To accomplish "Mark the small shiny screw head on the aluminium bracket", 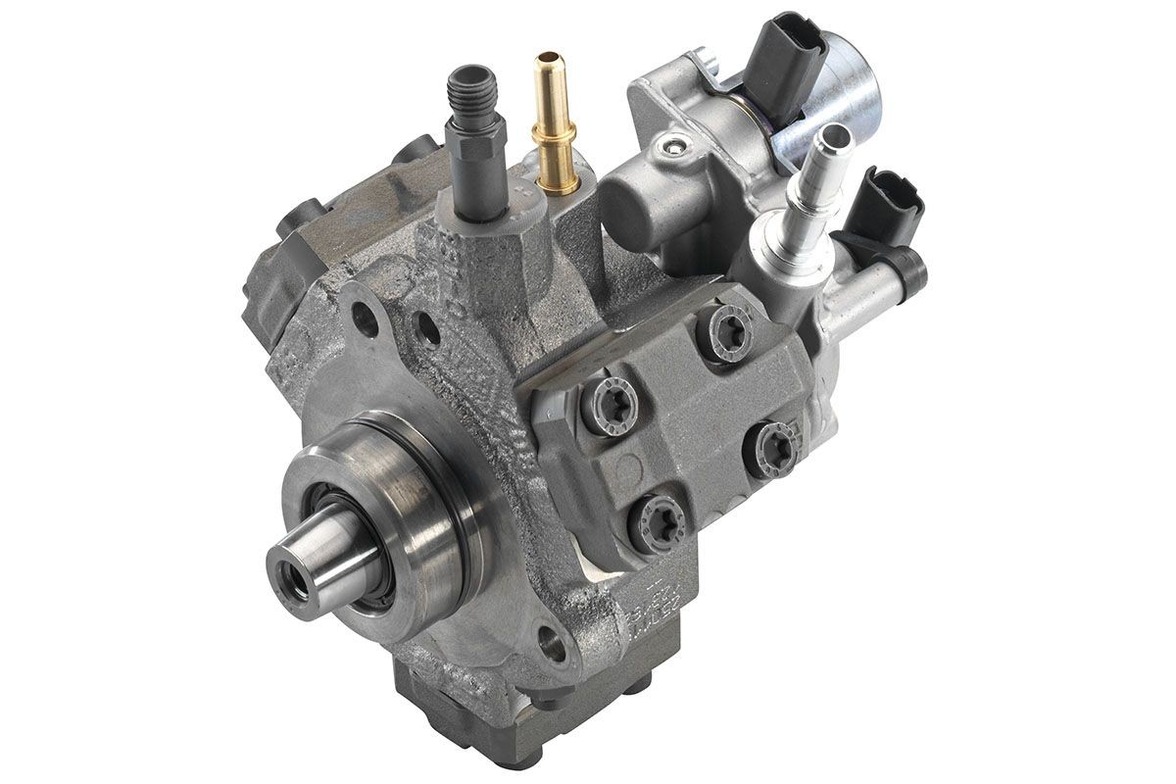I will (x=670, y=148).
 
